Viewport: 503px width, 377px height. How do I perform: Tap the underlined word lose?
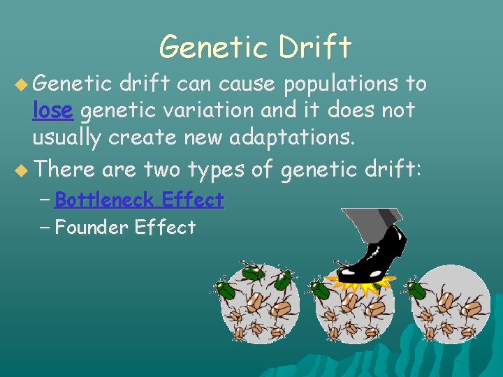(54, 110)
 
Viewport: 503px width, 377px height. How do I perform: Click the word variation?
(225, 110)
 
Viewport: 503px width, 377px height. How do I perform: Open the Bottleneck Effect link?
(138, 200)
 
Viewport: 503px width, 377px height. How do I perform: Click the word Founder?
(92, 228)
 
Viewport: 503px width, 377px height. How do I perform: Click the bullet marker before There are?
(22, 170)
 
